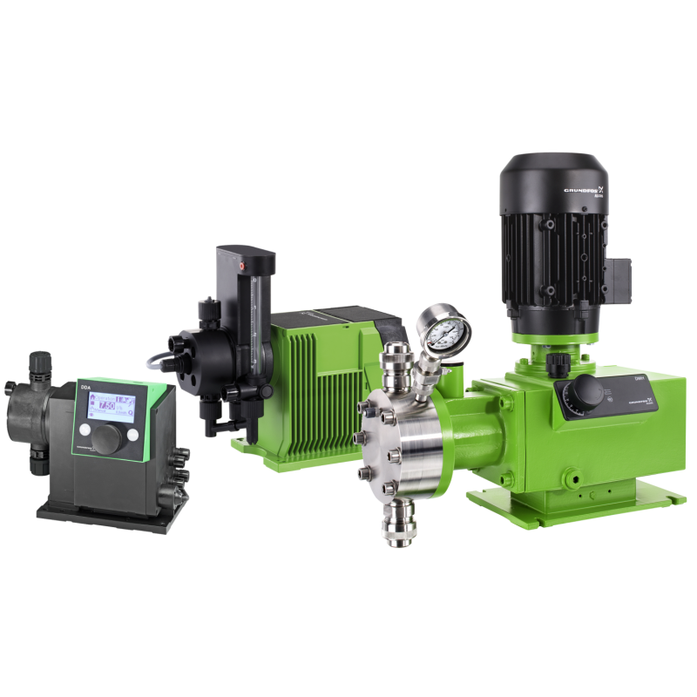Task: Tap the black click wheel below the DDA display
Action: click(x=110, y=436)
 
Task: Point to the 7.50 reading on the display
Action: click(x=108, y=405)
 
